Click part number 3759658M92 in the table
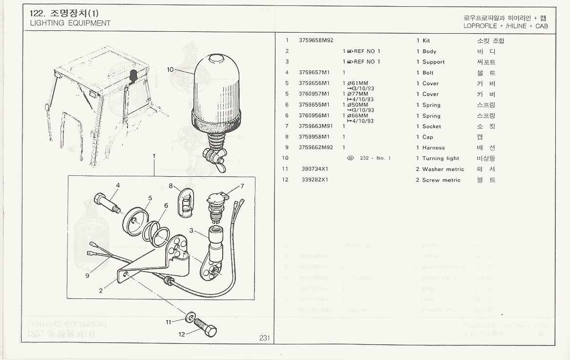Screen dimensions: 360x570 pos(316,41)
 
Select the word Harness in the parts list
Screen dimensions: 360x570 pos(434,148)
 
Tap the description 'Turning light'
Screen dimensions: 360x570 pos(441,158)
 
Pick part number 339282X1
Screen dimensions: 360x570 pos(315,180)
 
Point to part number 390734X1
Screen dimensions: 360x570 pos(315,169)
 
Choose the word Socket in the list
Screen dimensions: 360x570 pos(432,126)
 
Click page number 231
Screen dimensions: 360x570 pos(264,338)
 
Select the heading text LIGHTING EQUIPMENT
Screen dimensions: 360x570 pos(70,23)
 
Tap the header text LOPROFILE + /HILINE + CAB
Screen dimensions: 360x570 pos(506,26)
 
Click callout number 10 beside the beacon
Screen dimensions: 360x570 pos(170,70)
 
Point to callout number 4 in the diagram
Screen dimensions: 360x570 pos(118,185)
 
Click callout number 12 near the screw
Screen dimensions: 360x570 pos(182,335)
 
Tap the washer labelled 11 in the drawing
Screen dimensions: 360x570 pos(189,316)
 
